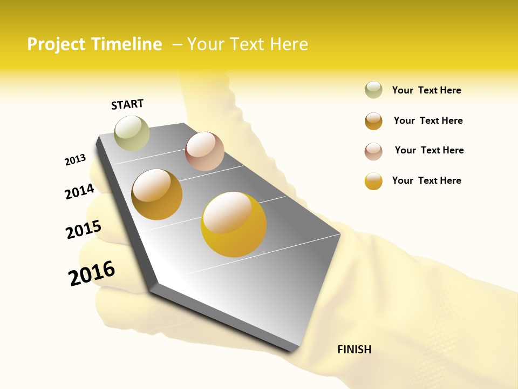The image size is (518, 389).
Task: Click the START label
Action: [x=127, y=104]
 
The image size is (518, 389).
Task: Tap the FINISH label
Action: [x=354, y=350]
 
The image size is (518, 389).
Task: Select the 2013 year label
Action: [x=75, y=160]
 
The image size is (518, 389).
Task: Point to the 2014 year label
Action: [x=79, y=191]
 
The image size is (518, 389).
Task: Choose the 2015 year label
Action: [x=84, y=229]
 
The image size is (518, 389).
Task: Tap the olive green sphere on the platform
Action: [x=132, y=133]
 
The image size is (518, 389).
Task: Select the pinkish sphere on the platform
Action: [x=205, y=151]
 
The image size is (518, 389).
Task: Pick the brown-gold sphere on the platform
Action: [x=157, y=194]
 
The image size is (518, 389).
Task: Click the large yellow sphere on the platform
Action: [x=234, y=224]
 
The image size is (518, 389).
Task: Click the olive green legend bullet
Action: [x=373, y=90]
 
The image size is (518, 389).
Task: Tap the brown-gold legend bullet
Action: [x=373, y=120]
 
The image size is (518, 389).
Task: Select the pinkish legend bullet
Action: [x=373, y=151]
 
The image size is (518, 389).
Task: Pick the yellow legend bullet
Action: [x=373, y=181]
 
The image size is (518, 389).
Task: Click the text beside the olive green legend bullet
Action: [x=426, y=90]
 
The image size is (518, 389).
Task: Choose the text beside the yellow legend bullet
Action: [x=426, y=180]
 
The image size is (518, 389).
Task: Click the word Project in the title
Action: [x=56, y=44]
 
